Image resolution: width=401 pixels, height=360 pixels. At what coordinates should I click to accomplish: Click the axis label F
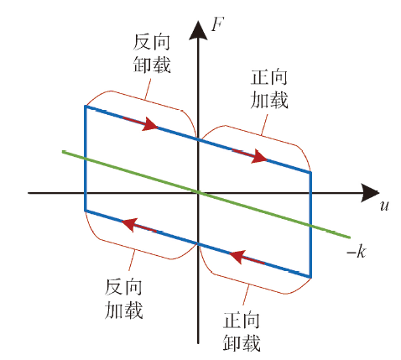pos(217,23)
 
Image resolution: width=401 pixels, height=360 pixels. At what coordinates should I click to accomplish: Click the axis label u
pos(384,206)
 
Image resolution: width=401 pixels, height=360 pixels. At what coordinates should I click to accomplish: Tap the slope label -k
pos(357,252)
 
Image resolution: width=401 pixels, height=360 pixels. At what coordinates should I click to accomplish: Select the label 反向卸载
pos(152,54)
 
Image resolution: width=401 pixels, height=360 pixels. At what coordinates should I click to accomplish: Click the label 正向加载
pos(269,89)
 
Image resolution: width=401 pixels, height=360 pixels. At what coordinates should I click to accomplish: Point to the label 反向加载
pos(123,299)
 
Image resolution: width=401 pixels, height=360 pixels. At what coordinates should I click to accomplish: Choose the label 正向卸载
pos(242,331)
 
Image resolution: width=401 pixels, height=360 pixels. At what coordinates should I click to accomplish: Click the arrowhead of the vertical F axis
pos(198,30)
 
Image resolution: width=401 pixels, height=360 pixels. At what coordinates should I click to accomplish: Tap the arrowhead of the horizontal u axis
pos(370,193)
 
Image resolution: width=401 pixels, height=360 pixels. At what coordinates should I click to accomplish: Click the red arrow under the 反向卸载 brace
pos(140,123)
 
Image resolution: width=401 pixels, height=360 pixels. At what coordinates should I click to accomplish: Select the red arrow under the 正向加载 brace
pos(250,155)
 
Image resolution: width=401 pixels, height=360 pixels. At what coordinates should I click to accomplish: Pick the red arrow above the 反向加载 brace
pos(139,225)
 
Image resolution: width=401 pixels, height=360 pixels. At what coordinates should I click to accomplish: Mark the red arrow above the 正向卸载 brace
pos(247,258)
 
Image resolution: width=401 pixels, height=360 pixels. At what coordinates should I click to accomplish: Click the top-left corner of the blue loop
pos(85,106)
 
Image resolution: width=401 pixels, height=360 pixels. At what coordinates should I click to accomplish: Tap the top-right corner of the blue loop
pos(310,172)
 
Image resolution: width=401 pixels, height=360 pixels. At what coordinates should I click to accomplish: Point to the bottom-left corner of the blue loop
pos(85,211)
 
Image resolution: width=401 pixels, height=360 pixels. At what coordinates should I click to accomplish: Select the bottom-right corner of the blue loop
pos(310,277)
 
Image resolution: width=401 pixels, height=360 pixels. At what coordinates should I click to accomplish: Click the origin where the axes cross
pos(198,193)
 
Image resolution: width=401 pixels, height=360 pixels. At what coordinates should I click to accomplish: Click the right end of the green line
pos(350,237)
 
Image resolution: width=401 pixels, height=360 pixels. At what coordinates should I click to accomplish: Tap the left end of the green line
pos(63,151)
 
